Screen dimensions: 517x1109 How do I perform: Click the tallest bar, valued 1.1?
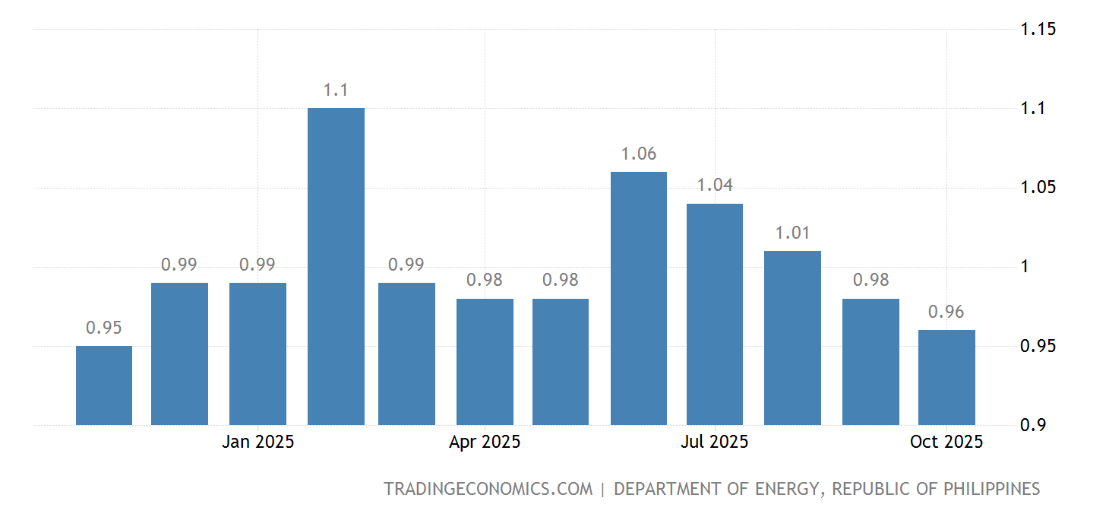click(336, 266)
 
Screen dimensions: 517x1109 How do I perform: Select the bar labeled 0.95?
click(104, 385)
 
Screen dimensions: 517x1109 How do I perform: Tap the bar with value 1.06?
click(639, 298)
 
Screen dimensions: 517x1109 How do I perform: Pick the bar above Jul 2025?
click(715, 314)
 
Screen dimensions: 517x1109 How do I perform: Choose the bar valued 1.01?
click(792, 338)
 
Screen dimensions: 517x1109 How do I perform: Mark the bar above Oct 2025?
click(946, 377)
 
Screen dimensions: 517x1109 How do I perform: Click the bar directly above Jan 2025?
click(258, 354)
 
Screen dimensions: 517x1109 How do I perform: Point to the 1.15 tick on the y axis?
click(1038, 30)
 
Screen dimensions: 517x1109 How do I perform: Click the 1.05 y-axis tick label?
click(1038, 188)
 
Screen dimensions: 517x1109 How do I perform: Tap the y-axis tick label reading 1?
click(1025, 267)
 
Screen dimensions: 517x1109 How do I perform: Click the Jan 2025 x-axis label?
click(258, 442)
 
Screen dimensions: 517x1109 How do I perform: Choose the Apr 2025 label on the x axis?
click(485, 442)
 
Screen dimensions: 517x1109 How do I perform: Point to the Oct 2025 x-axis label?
click(946, 442)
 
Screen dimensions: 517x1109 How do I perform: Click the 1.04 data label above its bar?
click(715, 185)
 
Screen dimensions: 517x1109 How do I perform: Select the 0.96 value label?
click(946, 312)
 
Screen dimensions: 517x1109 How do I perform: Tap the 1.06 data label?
click(639, 154)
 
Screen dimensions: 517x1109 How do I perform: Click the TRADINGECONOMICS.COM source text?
click(488, 489)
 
